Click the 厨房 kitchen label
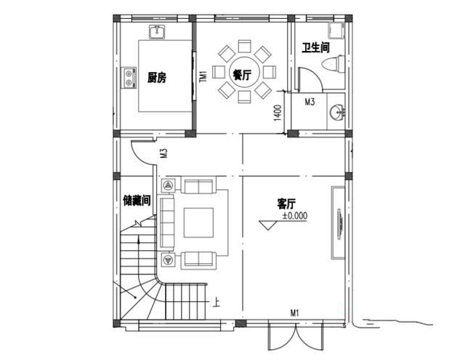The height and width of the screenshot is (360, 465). (x=157, y=78)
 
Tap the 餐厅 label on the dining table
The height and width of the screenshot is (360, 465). (x=242, y=75)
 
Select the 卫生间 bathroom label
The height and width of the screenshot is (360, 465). (x=316, y=47)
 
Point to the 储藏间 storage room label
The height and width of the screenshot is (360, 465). (x=137, y=201)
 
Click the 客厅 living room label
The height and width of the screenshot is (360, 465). (x=286, y=204)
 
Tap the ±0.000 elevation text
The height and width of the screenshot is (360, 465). (x=295, y=215)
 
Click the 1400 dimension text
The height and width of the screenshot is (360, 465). (x=278, y=113)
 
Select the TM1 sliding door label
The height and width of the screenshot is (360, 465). (x=203, y=76)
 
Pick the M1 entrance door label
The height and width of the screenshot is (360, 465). (x=294, y=313)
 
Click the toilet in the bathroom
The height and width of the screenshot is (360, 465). (x=333, y=63)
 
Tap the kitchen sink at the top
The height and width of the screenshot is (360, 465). (x=157, y=32)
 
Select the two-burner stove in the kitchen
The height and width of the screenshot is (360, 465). (x=129, y=78)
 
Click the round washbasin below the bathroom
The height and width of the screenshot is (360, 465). (x=337, y=112)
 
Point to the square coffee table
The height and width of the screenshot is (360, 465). (x=198, y=223)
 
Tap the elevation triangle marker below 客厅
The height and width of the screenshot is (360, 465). (x=268, y=225)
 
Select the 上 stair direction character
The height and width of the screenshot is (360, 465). (x=217, y=303)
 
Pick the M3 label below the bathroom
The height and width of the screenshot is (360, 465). (x=310, y=102)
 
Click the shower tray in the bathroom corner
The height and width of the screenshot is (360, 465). (x=336, y=31)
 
